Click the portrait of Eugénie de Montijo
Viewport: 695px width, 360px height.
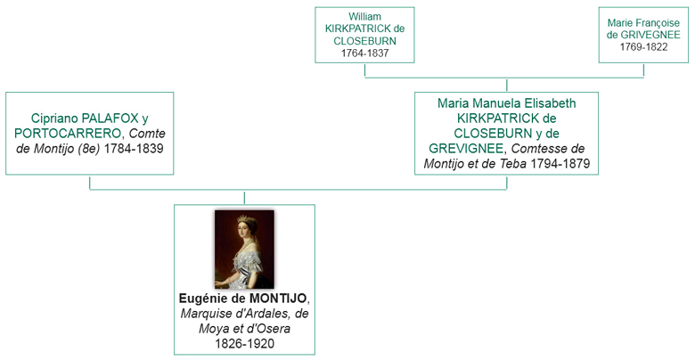coord(244,249)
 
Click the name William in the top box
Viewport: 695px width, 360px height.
coord(364,17)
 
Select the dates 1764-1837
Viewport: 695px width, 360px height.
coord(364,53)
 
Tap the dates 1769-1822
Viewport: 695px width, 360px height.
coord(642,47)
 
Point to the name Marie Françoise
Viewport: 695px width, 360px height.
coord(642,21)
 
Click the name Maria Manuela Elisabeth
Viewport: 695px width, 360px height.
coord(506,103)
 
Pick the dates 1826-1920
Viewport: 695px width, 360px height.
coord(244,343)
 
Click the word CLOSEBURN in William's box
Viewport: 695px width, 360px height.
coord(364,41)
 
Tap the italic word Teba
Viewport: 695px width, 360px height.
coord(511,164)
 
